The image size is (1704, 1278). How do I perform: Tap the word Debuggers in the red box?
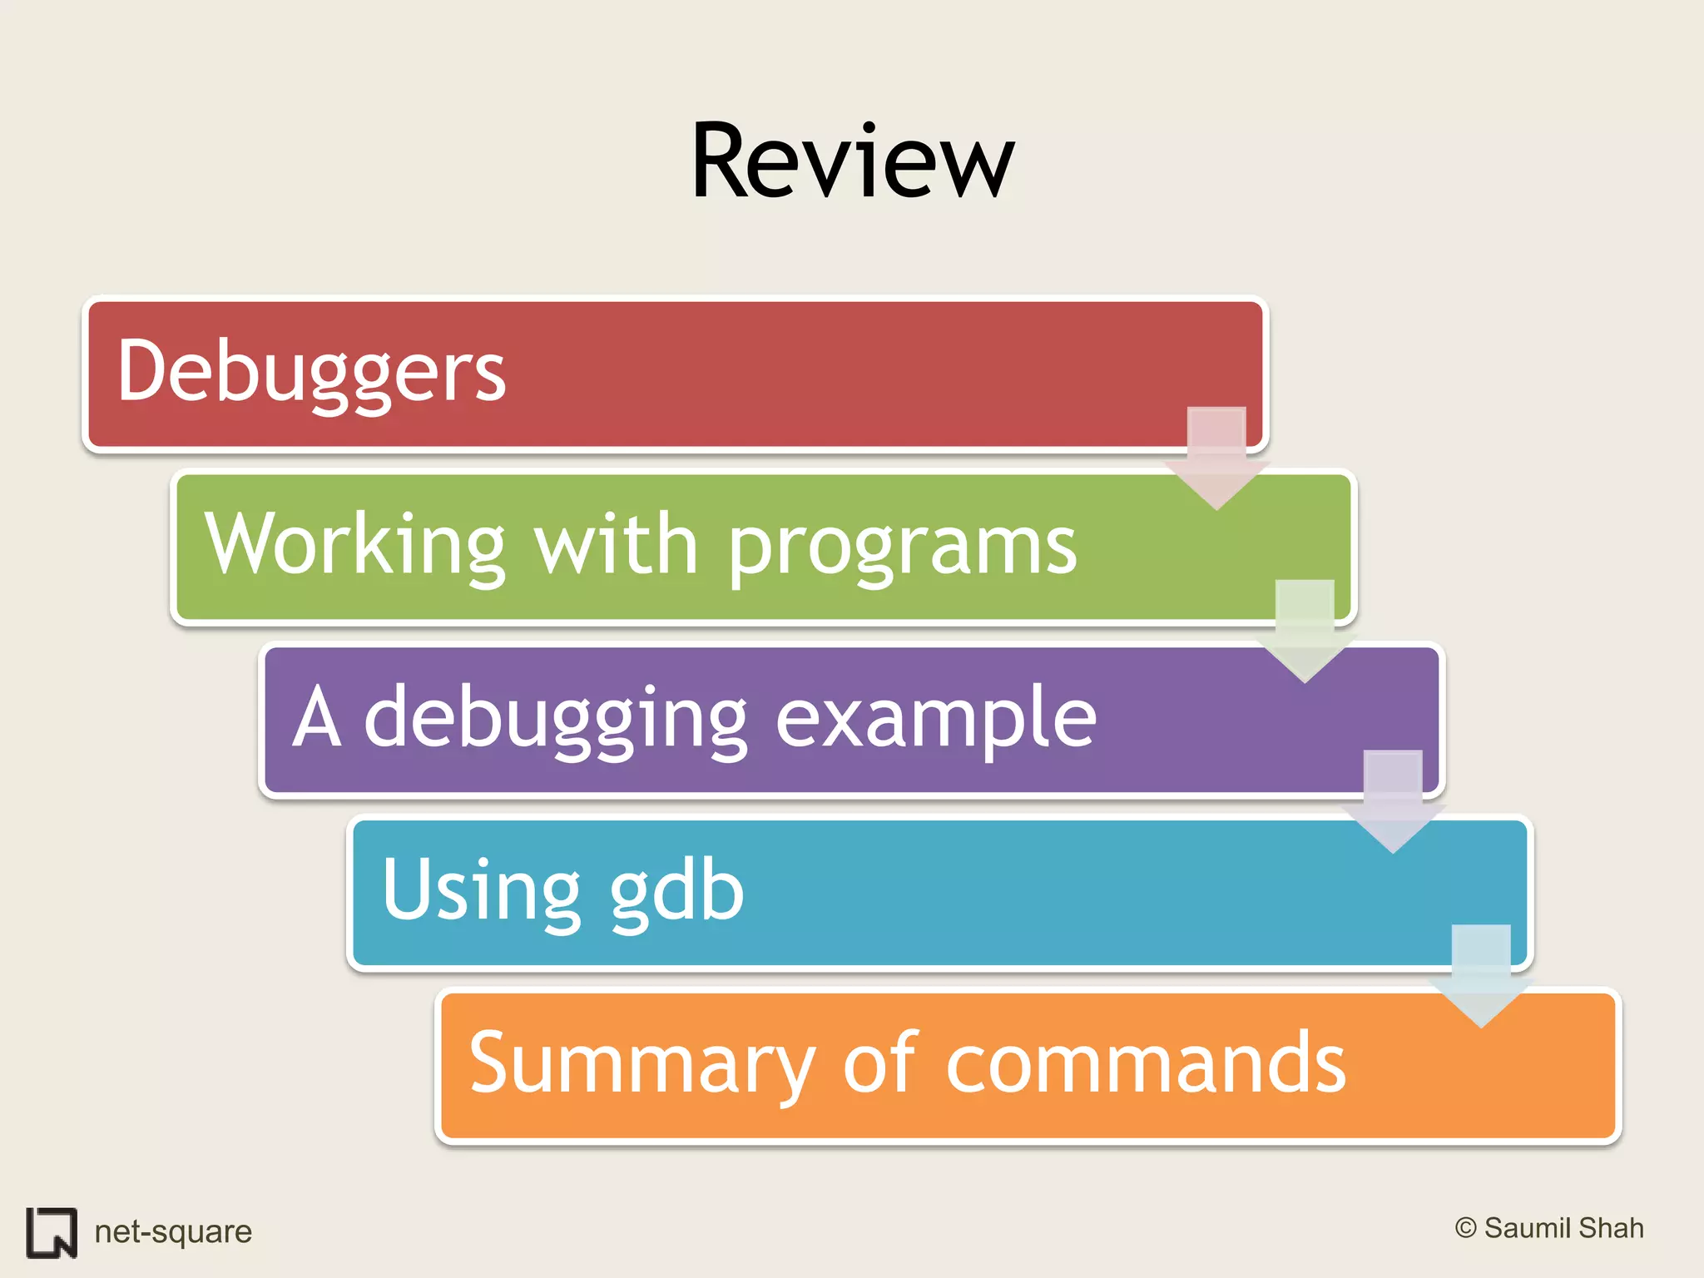click(x=311, y=372)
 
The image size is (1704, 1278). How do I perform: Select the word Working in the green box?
click(x=355, y=544)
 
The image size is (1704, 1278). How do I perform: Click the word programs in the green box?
click(x=902, y=547)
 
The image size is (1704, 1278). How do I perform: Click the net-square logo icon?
click(x=52, y=1232)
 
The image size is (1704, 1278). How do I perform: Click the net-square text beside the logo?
click(x=173, y=1231)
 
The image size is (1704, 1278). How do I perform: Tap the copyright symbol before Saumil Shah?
click(x=1466, y=1228)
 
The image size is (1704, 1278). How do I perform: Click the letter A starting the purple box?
click(x=317, y=717)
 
